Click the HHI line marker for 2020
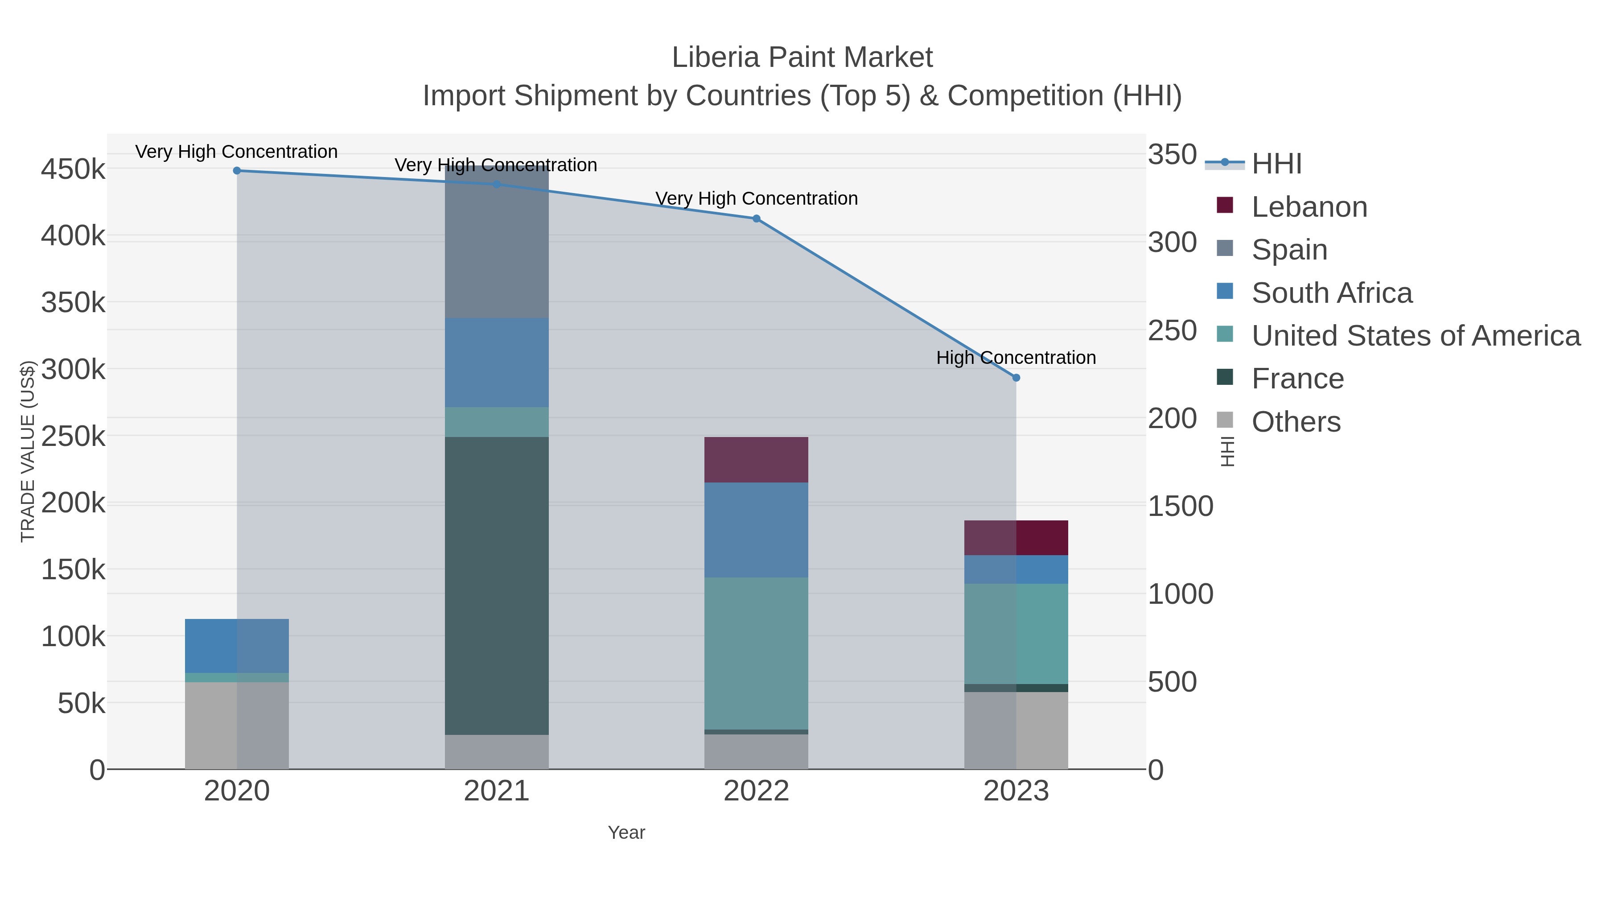pyautogui.click(x=237, y=171)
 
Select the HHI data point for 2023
pyautogui.click(x=1016, y=378)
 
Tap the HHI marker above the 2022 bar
pyautogui.click(x=757, y=219)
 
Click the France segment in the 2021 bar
pyautogui.click(x=497, y=586)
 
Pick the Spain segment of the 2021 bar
pyautogui.click(x=497, y=243)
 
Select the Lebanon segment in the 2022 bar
pyautogui.click(x=757, y=460)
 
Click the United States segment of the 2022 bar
pyautogui.click(x=757, y=653)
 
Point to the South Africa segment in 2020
pyautogui.click(x=237, y=646)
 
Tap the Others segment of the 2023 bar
pyautogui.click(x=1016, y=730)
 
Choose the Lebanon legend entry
pyautogui.click(x=1309, y=207)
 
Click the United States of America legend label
pyautogui.click(x=1416, y=336)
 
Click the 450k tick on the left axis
pyautogui.click(x=73, y=169)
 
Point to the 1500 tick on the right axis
pyautogui.click(x=1180, y=506)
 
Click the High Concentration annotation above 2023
pyautogui.click(x=1016, y=358)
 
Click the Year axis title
pyautogui.click(x=626, y=833)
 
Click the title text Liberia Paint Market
pyautogui.click(x=802, y=58)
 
